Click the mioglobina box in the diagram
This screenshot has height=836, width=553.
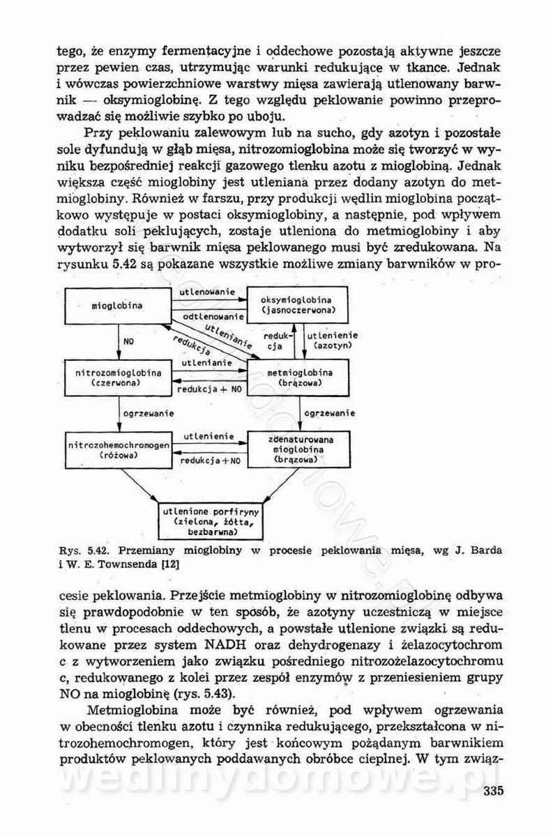tap(117, 305)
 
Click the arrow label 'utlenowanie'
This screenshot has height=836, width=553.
tap(206, 291)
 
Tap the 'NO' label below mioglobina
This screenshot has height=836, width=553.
tap(128, 342)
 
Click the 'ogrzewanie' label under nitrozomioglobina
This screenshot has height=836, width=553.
tap(149, 414)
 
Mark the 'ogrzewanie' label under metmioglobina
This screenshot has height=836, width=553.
tap(330, 414)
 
